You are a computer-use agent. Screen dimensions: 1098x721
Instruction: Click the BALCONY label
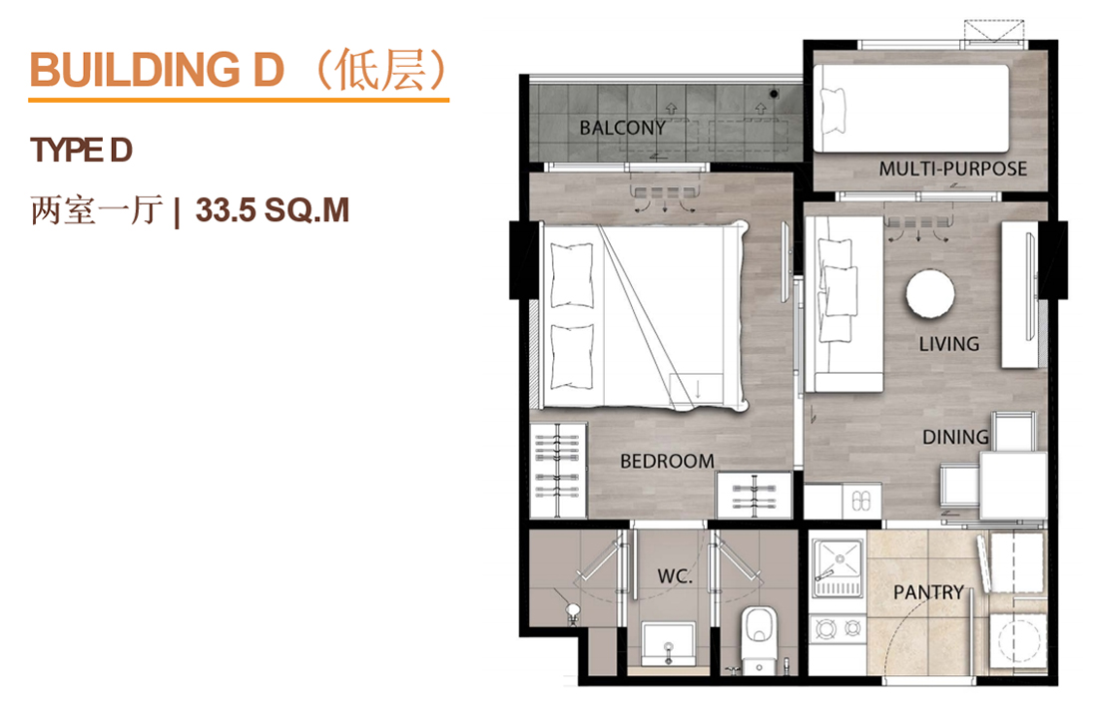tap(622, 128)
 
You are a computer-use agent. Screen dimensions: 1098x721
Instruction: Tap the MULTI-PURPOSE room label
tap(952, 169)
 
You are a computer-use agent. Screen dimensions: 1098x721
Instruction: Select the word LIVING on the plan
tap(949, 344)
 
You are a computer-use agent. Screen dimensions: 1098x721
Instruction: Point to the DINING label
tap(955, 437)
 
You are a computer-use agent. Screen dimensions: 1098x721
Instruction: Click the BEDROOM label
tap(667, 462)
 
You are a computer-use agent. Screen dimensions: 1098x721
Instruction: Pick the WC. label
tap(675, 576)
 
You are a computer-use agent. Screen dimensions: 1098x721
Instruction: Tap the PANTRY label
tap(928, 593)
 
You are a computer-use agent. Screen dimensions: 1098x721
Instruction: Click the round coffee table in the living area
tap(930, 294)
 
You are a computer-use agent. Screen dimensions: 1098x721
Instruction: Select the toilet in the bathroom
tap(759, 635)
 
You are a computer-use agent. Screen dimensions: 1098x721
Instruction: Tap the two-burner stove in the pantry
tap(838, 628)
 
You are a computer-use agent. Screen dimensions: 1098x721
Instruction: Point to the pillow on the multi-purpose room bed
tap(832, 111)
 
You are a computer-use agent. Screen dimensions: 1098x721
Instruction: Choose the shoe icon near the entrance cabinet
tap(860, 501)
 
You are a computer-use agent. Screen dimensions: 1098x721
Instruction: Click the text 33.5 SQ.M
tap(272, 210)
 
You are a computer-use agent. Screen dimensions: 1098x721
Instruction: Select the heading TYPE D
tap(81, 151)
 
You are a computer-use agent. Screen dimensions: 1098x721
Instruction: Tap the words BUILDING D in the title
tap(157, 70)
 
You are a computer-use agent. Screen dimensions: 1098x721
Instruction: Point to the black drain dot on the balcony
tap(774, 94)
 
